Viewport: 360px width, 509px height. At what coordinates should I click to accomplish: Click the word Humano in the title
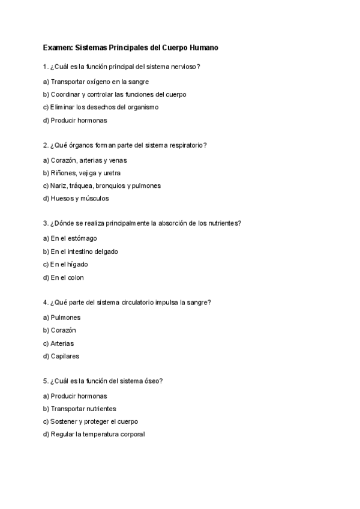[x=209, y=47]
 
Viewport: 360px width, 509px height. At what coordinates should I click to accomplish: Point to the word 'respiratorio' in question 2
[x=188, y=145]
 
